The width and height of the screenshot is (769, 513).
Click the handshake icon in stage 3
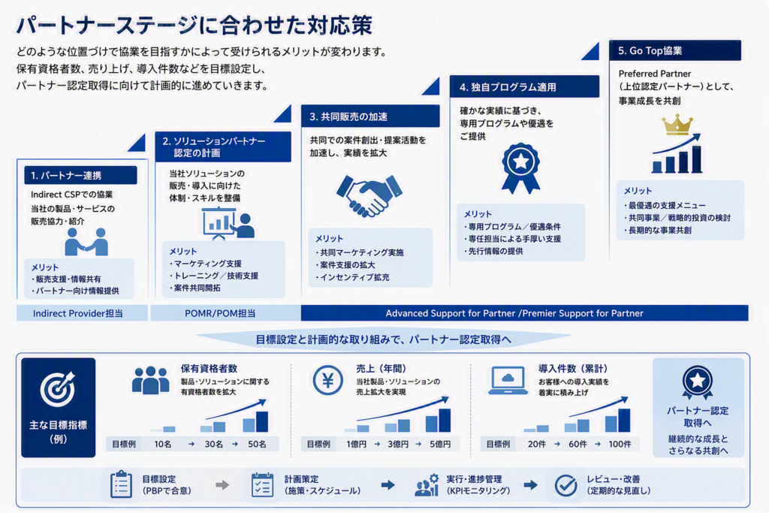[x=369, y=195]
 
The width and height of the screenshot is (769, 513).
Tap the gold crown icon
[x=677, y=125]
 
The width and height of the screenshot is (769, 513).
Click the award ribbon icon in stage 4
[x=520, y=167]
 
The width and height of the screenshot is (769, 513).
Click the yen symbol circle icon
[x=327, y=381]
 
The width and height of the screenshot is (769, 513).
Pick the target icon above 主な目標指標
[x=58, y=389]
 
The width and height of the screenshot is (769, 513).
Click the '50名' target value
[x=257, y=444]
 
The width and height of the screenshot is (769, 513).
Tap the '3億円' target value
[x=398, y=444]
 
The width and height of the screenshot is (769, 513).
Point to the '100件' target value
[x=620, y=444]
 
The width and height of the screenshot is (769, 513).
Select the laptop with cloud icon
[x=508, y=381]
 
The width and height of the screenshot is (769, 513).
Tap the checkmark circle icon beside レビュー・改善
[x=565, y=485]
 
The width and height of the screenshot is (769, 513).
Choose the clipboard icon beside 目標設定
[x=121, y=484]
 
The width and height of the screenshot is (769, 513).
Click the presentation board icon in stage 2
[x=228, y=224]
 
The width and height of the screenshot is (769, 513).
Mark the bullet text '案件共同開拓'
[x=197, y=288]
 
